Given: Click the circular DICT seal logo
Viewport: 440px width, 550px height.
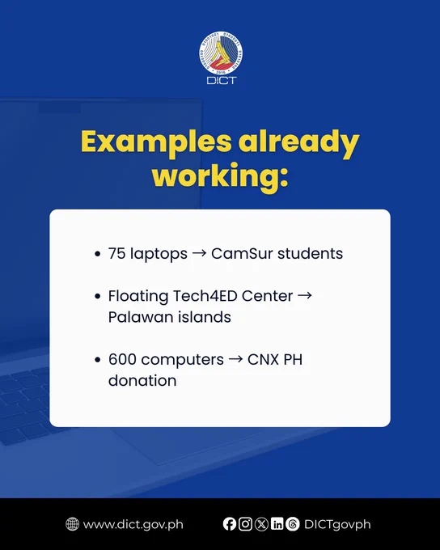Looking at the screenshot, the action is (221, 53).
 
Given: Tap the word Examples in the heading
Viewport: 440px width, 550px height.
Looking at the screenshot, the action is (156, 142).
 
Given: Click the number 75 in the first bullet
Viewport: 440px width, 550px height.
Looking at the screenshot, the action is (116, 254).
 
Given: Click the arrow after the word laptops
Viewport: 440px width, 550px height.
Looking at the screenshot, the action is (199, 254).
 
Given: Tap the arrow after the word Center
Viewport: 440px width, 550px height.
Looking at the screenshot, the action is (305, 296).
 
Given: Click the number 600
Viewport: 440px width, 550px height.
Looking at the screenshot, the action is (122, 360).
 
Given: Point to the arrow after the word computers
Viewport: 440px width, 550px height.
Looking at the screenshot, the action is (235, 360).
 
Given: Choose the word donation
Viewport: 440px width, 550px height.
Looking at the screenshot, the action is (142, 381).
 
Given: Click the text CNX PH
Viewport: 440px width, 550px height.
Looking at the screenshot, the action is (275, 360).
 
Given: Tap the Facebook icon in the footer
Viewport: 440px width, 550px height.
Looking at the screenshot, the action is (230, 524).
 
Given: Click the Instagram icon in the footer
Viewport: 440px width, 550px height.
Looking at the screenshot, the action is (245, 524).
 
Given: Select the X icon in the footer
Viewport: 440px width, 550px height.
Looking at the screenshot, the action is (261, 524).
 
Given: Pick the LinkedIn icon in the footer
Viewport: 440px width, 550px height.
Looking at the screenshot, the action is (277, 524).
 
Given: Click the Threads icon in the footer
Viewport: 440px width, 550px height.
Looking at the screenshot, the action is (293, 524).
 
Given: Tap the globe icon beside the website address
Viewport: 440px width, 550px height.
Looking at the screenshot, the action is (72, 524).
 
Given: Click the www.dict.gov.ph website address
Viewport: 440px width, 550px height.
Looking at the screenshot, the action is (133, 525).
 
